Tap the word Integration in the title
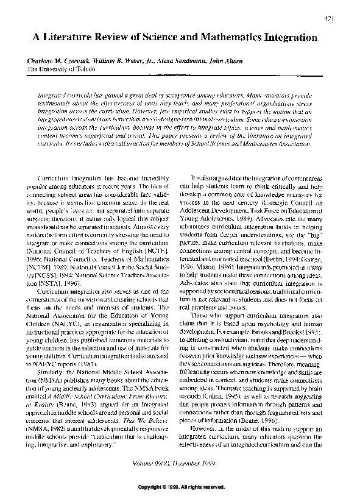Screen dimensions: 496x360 point(286,37)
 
